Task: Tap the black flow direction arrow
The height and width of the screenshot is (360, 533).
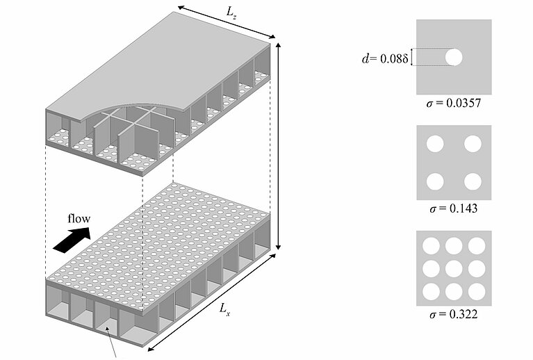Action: pyautogui.click(x=72, y=240)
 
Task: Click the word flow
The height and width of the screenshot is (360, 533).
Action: pyautogui.click(x=79, y=218)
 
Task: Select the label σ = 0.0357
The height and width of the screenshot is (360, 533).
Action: pyautogui.click(x=454, y=103)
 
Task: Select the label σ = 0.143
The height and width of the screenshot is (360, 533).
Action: pyautogui.click(x=454, y=208)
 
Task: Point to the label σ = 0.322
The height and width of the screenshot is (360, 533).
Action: pyautogui.click(x=454, y=313)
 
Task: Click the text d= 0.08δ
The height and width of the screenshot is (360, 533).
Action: pyautogui.click(x=384, y=59)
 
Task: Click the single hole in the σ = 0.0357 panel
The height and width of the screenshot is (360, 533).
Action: pyautogui.click(x=454, y=57)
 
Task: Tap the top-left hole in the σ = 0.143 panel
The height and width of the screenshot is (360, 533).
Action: pyautogui.click(x=435, y=144)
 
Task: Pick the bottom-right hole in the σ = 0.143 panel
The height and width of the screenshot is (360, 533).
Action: pyautogui.click(x=473, y=181)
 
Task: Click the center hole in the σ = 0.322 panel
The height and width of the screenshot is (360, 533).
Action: pyautogui.click(x=454, y=268)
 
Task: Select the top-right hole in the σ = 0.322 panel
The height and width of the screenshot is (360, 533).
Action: pyautogui.click(x=477, y=246)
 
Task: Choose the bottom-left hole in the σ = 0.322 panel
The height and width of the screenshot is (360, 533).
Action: pyautogui.click(x=431, y=291)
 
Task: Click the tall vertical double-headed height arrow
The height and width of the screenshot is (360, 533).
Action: pyautogui.click(x=279, y=147)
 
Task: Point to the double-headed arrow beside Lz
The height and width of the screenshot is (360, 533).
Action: pyautogui.click(x=226, y=22)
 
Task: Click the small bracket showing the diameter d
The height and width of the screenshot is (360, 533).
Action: pyautogui.click(x=412, y=57)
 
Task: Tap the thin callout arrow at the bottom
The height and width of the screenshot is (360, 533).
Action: pyautogui.click(x=112, y=343)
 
